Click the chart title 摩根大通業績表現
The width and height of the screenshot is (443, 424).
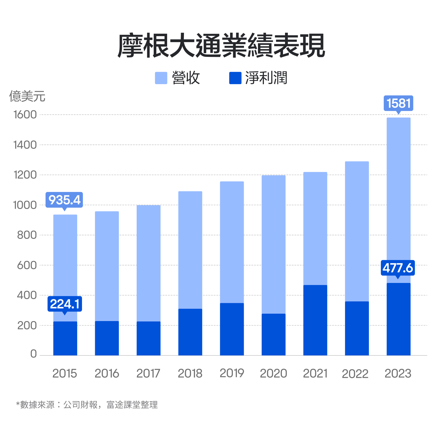221,45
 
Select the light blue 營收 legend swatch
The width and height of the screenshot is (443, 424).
161,78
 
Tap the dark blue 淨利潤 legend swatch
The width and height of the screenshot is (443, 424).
235,78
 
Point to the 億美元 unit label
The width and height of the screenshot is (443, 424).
27,96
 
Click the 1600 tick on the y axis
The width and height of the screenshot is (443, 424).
25,115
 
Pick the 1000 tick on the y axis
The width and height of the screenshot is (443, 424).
25,205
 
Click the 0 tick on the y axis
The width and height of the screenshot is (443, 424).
34,354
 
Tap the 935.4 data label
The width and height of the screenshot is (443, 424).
65,200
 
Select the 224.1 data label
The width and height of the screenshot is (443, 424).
65,304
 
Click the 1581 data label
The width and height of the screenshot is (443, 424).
399,103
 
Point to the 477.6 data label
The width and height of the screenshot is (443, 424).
398,268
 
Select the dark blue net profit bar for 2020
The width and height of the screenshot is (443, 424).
274,334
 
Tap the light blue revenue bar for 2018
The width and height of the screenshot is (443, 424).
190,250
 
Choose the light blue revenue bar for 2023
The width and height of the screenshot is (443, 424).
399,199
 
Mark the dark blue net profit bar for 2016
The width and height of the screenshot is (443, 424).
107,338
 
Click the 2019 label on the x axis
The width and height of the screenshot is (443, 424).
232,373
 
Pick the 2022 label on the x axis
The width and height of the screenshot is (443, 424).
355,374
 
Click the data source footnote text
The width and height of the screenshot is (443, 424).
87,405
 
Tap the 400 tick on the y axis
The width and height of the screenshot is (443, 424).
27,295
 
